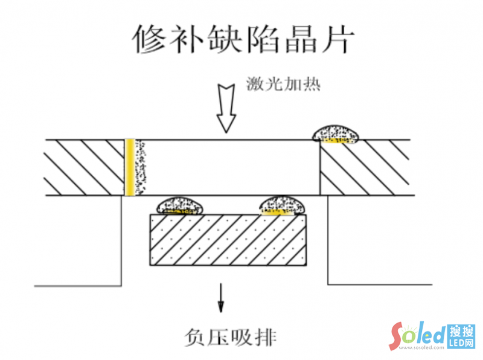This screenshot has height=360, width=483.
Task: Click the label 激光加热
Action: [283, 83]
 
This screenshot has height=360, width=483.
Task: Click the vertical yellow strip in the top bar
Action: [129, 167]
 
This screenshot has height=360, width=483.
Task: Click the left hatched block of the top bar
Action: [85, 167]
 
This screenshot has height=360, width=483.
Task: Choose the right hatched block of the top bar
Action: [365, 167]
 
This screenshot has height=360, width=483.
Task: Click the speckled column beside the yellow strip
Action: [142, 167]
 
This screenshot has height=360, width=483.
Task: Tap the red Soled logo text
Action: [417, 335]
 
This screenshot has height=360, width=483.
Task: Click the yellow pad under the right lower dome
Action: [279, 212]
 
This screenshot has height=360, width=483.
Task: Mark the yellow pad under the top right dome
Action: [337, 141]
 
